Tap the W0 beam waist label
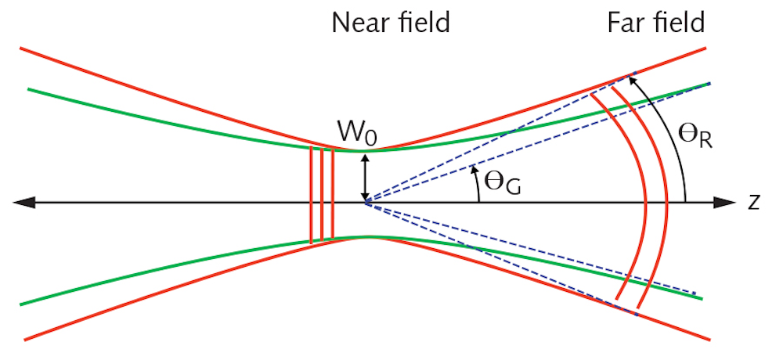[353, 132]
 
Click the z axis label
[753, 202]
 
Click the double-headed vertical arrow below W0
[364, 177]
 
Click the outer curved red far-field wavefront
[666, 196]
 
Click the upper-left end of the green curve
[29, 89]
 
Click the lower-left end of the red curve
[26, 338]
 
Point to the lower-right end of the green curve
[703, 298]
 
